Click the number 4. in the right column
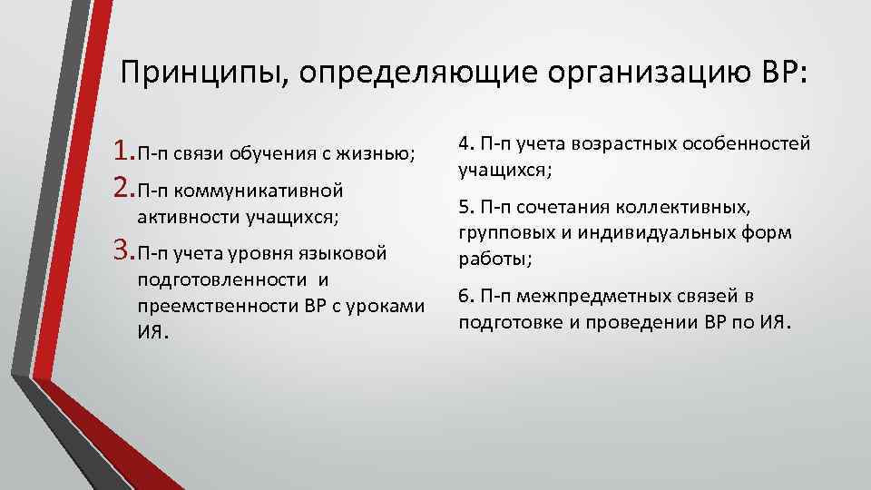[x=466, y=143]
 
